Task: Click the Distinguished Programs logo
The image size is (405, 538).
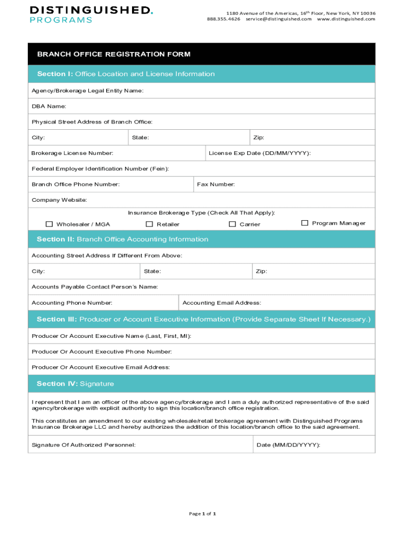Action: point(91,15)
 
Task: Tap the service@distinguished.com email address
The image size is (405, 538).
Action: point(278,19)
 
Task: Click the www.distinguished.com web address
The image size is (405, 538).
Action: point(346,19)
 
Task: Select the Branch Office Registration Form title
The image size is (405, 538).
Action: point(114,54)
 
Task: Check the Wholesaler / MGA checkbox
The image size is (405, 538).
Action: point(49,224)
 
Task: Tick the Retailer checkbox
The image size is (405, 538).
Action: point(149,224)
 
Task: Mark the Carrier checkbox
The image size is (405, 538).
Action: point(232,224)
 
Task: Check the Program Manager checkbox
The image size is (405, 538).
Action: point(305,223)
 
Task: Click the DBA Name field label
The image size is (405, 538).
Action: point(49,106)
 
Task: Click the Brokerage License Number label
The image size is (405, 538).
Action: point(72,153)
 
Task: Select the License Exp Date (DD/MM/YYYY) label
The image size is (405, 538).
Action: point(259,153)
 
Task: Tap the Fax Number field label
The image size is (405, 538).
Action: point(216,184)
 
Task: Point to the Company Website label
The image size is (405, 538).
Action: point(59,200)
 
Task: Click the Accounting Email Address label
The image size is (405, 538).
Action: point(221,303)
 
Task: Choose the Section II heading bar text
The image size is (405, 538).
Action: point(123,239)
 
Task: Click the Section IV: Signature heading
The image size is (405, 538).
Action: point(75,384)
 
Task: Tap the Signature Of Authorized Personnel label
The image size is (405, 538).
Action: point(84,445)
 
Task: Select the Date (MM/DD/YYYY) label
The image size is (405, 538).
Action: point(288,445)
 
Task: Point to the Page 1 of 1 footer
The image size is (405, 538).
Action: point(202,513)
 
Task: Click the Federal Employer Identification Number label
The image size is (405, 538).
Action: point(100,169)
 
